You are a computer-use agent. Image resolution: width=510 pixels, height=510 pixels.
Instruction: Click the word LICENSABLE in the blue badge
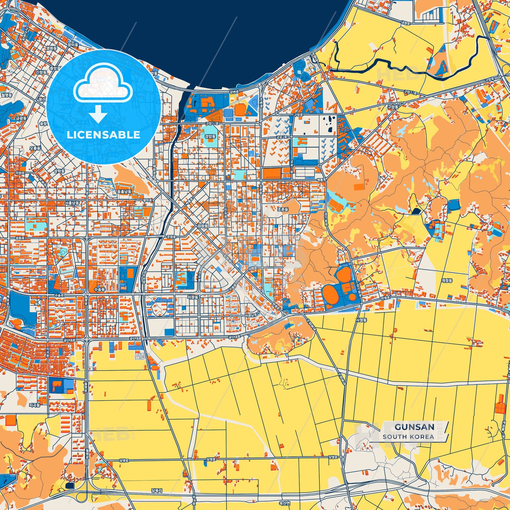(x=103, y=135)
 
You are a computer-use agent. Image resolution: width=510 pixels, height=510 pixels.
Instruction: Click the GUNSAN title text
(x=414, y=427)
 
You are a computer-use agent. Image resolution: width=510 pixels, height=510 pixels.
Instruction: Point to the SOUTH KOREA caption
(x=408, y=437)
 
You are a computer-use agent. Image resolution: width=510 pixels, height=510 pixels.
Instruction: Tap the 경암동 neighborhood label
(x=210, y=136)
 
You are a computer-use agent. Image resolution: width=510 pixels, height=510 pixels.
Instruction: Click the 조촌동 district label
(x=283, y=209)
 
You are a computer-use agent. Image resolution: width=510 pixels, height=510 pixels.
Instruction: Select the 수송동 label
(x=100, y=289)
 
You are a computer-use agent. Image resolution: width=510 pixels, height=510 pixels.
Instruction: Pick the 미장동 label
(x=193, y=298)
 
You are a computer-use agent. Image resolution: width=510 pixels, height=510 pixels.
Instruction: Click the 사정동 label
(x=361, y=320)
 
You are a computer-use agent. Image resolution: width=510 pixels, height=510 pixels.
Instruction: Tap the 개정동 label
(x=446, y=281)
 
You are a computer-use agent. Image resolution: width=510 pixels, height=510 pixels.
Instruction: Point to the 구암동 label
(x=392, y=107)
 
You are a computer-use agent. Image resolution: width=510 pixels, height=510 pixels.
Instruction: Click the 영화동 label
(x=52, y=48)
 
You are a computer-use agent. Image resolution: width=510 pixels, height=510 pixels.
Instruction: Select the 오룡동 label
(x=35, y=148)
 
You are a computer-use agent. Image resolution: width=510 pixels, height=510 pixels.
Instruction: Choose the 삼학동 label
(x=59, y=171)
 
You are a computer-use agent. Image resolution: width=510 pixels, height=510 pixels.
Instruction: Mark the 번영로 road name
(x=385, y=298)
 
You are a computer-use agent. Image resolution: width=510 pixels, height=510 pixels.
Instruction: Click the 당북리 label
(x=156, y=490)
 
